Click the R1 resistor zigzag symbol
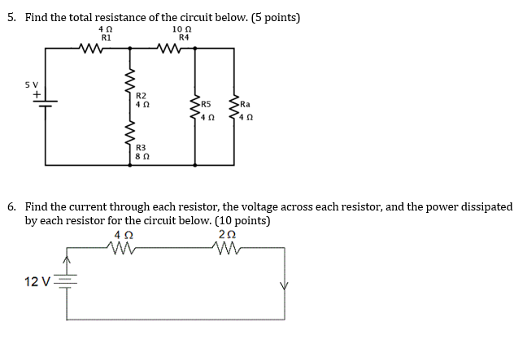[x=91, y=48]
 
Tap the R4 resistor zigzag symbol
[x=170, y=48]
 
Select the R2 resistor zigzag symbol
[x=130, y=81]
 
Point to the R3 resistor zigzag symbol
[x=130, y=133]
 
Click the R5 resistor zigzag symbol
[x=195, y=107]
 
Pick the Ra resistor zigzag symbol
[x=234, y=107]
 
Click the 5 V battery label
[x=32, y=85]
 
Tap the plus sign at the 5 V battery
[x=37, y=95]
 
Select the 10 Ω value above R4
[x=182, y=29]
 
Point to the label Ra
[x=245, y=104]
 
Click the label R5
[x=206, y=104]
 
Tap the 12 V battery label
[x=37, y=281]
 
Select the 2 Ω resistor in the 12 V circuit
[x=227, y=248]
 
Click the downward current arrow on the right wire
[x=285, y=286]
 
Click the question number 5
[x=11, y=17]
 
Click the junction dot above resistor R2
[x=130, y=48]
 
